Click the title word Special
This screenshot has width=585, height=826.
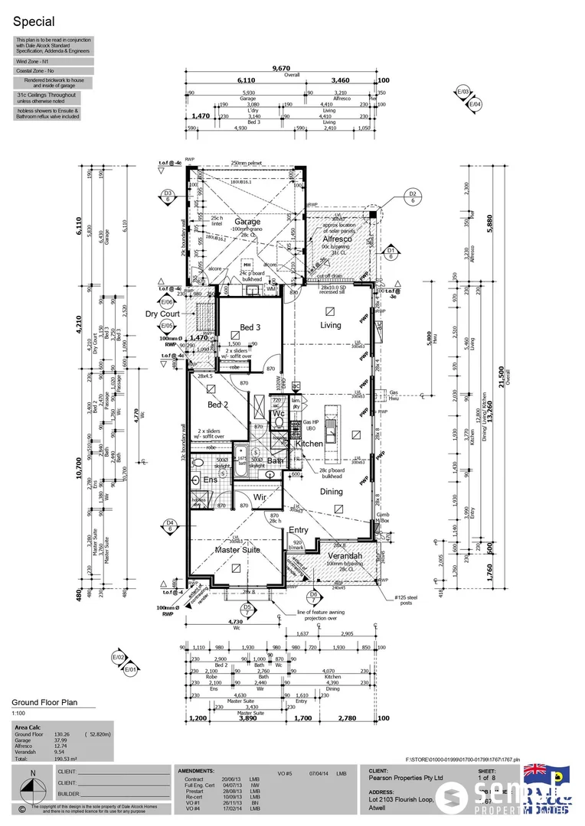(x=33, y=23)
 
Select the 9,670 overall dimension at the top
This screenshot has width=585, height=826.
(x=282, y=69)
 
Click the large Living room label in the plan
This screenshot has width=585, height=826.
(x=330, y=325)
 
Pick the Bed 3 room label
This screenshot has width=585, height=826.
(x=251, y=327)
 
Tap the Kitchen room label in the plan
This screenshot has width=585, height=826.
(x=309, y=444)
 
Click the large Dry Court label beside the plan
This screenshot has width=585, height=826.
(x=162, y=314)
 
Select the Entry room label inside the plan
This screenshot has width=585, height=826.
(x=297, y=529)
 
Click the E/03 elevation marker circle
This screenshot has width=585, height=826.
(x=462, y=92)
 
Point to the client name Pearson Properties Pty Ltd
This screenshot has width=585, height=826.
(x=406, y=777)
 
